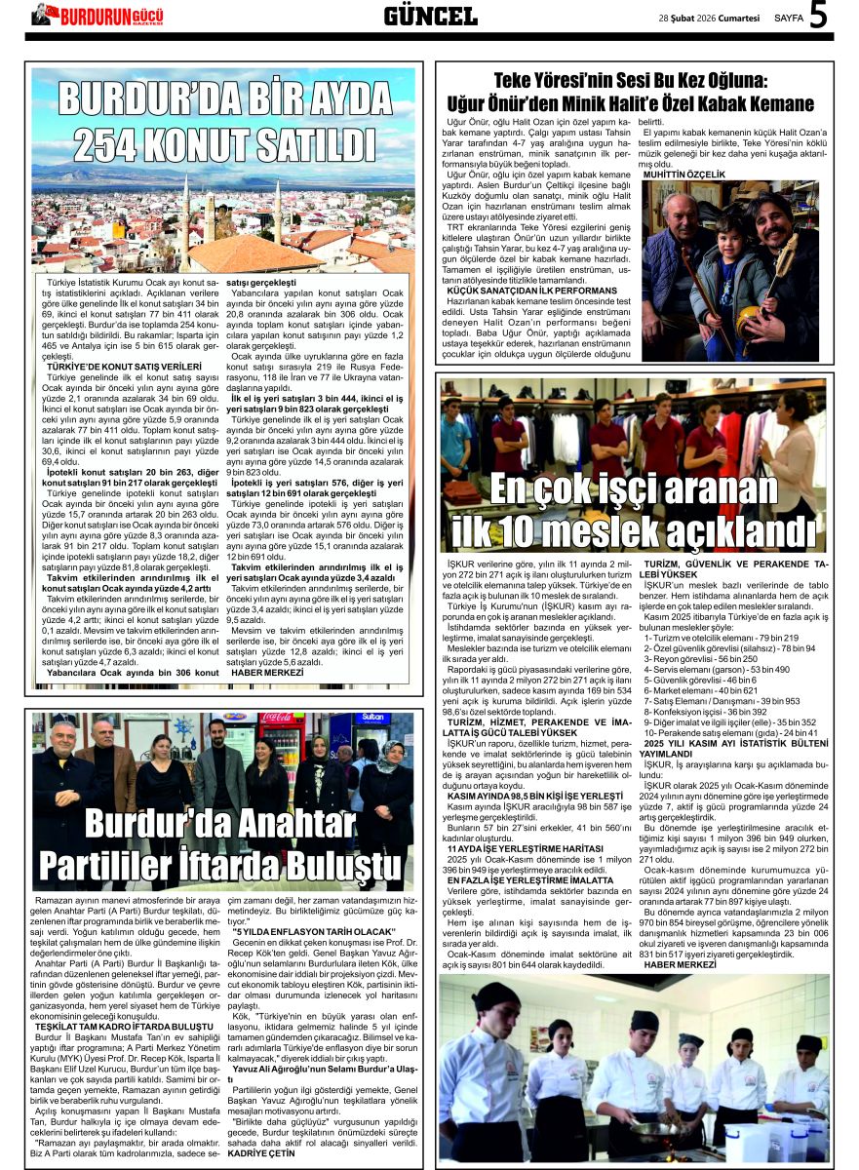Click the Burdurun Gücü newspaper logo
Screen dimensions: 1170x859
(x=98, y=15)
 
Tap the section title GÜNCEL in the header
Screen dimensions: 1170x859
(x=430, y=16)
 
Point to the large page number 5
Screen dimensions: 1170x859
(x=819, y=16)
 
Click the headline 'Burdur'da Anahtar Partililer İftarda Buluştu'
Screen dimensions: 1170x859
(x=221, y=844)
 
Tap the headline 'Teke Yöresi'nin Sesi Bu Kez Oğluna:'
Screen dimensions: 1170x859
(x=631, y=82)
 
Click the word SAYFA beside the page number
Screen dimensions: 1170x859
(x=788, y=18)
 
